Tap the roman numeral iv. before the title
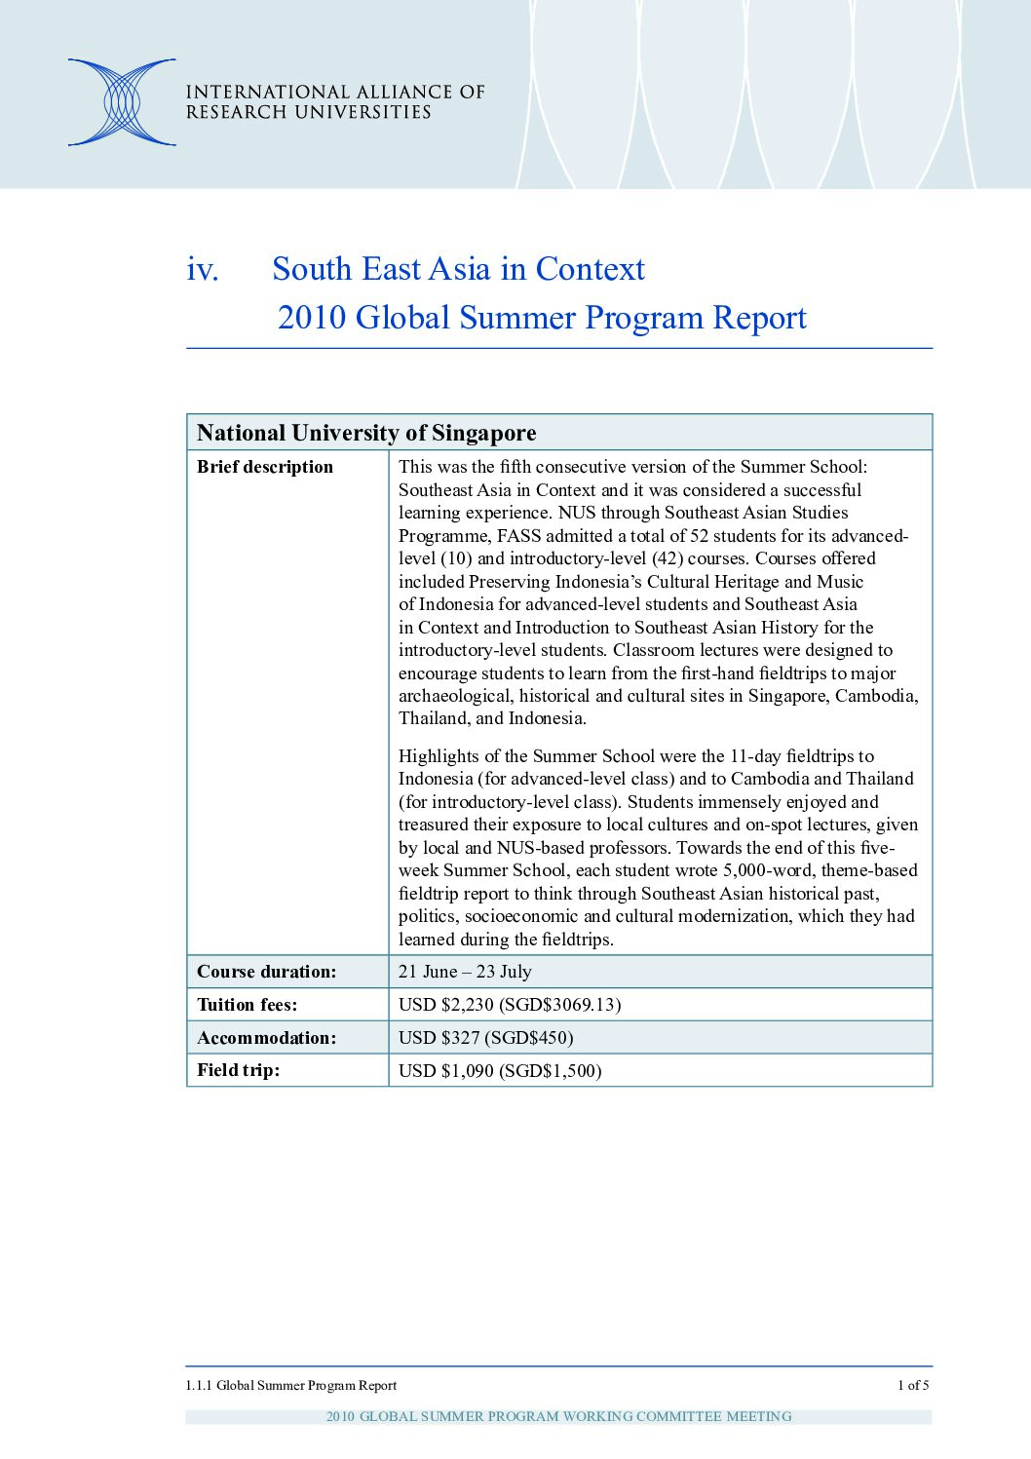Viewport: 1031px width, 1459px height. pos(203,269)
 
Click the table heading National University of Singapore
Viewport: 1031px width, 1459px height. pos(366,433)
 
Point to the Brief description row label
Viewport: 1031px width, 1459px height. pos(265,467)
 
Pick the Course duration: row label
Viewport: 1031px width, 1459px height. pos(266,972)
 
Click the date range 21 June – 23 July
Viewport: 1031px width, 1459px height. pos(465,972)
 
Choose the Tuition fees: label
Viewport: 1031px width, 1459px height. pos(248,1005)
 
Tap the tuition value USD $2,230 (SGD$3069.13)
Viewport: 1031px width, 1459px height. pos(509,1005)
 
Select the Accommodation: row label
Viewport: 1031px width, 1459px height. pos(266,1038)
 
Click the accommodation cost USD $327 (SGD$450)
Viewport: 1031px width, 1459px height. pos(485,1038)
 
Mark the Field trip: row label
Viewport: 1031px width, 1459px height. pos(238,1070)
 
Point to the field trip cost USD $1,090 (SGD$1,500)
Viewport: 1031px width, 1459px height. pos(499,1071)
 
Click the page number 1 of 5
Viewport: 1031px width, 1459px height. pos(913,1385)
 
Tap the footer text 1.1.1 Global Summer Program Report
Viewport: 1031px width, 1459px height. pos(291,1385)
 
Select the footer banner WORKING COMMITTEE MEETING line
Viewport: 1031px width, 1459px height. pos(558,1416)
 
